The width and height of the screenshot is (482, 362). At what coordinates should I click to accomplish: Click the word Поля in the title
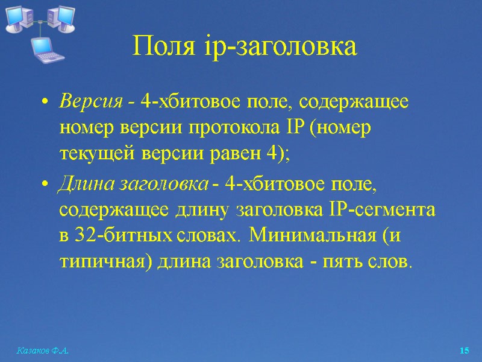tap(156, 46)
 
